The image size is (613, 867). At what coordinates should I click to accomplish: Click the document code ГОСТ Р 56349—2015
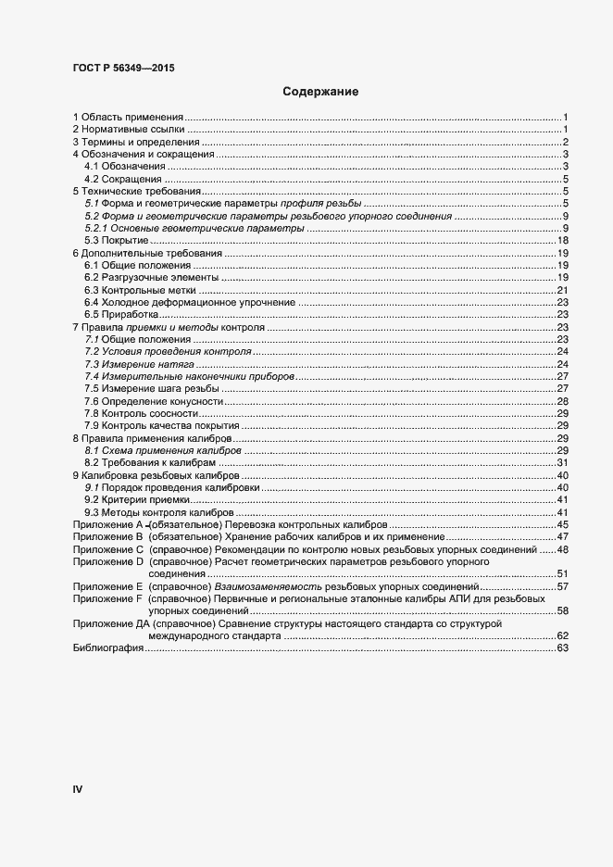tap(122, 68)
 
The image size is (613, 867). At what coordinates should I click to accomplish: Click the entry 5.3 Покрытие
tap(116, 241)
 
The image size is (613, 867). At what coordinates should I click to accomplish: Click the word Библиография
tap(107, 648)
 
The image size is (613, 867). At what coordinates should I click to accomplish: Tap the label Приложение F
tap(107, 599)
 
